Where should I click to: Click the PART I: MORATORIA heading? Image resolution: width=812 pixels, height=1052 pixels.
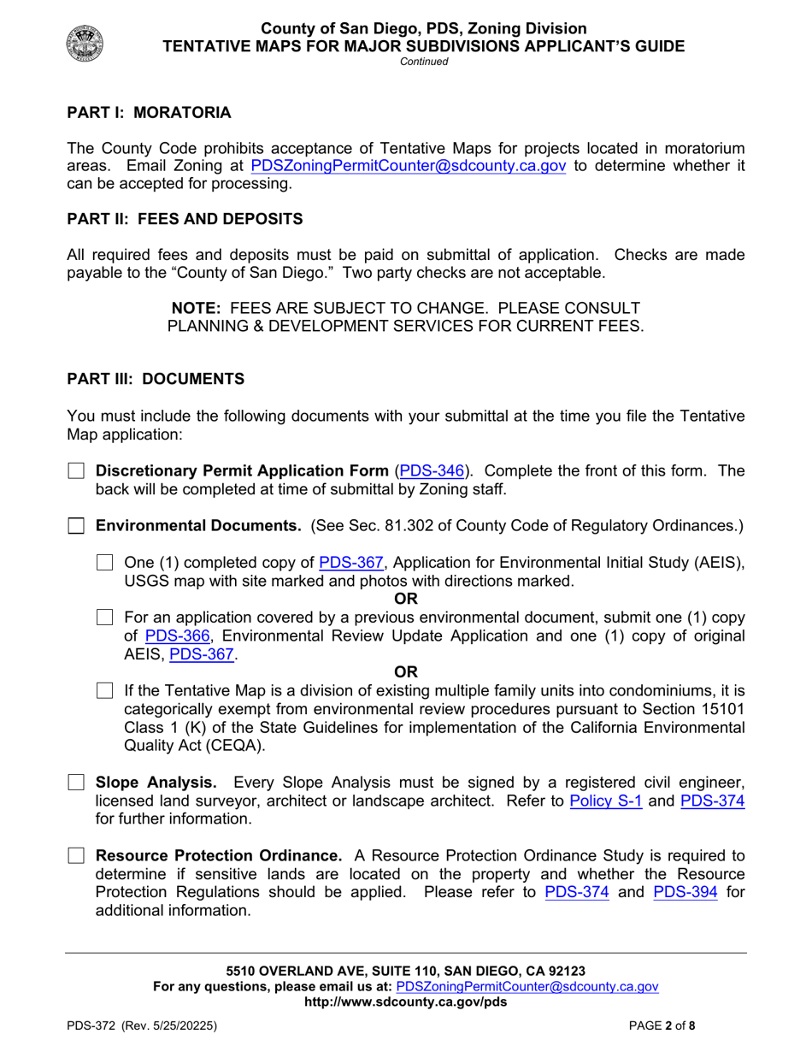tap(149, 113)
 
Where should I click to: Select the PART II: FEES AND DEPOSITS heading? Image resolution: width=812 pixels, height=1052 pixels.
tap(185, 220)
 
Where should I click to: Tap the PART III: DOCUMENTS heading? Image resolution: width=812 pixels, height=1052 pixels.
tap(156, 378)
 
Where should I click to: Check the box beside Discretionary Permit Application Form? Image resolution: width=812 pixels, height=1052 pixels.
tap(77, 471)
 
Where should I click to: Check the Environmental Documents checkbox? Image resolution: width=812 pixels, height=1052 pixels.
tap(77, 526)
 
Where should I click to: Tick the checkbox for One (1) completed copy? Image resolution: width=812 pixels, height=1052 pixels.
tap(105, 563)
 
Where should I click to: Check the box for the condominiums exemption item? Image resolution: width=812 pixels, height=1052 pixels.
tap(105, 690)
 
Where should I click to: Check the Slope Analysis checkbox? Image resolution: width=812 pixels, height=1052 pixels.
tap(77, 783)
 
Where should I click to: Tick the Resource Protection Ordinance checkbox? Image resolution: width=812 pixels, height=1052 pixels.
tap(77, 856)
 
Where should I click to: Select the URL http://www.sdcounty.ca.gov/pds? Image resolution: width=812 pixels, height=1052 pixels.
tap(405, 1002)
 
